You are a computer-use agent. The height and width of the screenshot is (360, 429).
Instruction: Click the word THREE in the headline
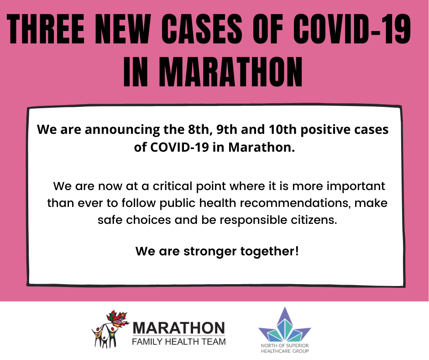coord(46,29)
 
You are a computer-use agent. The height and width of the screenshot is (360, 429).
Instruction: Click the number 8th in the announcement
coord(199,129)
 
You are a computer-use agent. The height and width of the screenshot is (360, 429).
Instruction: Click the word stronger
coord(210,252)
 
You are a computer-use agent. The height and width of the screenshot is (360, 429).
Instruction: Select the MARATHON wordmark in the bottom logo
coord(179,328)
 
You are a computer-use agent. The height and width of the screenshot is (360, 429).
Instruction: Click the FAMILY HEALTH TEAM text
coord(179,342)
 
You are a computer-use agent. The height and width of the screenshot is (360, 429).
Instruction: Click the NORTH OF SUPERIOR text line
coord(285,346)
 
